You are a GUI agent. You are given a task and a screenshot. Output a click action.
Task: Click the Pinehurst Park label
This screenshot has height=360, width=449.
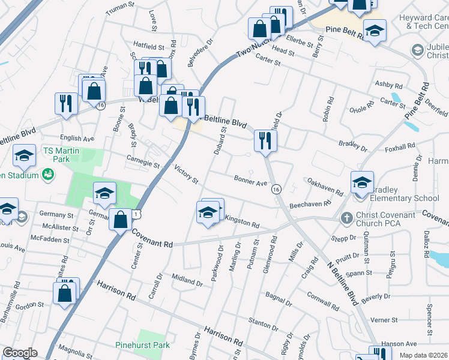pos(142,345)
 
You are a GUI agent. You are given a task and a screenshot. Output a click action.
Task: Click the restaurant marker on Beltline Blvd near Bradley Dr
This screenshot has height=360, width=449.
pos(265,141)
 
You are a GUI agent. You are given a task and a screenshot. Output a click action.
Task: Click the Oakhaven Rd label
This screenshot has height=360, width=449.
pos(325,185)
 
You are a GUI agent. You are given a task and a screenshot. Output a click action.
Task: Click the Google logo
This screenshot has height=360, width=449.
pos(20,353)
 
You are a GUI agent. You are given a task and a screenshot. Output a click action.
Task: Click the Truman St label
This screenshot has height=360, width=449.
pos(121,8)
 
